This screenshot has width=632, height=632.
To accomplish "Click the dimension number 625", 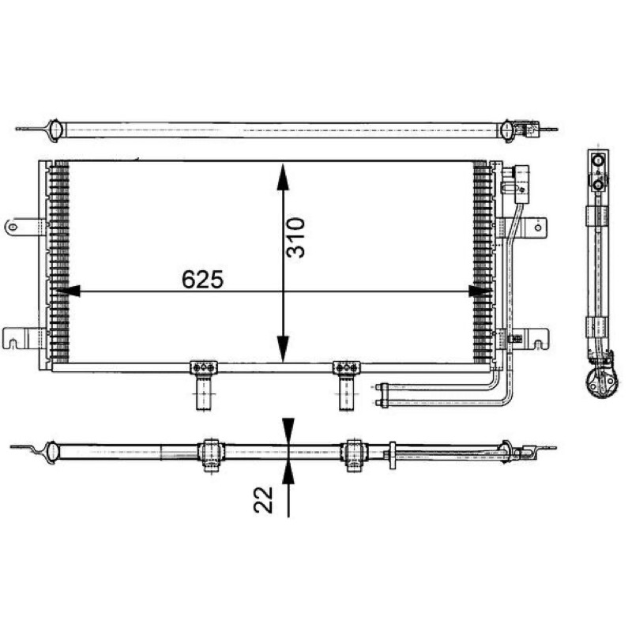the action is (x=202, y=280).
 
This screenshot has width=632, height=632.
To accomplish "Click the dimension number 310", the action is (x=295, y=238).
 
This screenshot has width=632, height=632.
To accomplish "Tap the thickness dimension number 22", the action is (x=263, y=500).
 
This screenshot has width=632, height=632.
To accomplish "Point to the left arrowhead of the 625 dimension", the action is (x=68, y=291).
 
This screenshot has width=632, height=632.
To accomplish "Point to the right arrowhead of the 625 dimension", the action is (x=480, y=291).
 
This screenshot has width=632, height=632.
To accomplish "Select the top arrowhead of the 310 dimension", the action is (x=283, y=176).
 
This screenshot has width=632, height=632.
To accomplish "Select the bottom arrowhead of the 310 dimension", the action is (x=283, y=349).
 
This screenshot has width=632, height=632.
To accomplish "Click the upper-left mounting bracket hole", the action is (x=13, y=227).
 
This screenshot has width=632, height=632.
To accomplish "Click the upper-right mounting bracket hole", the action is (x=538, y=228).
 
